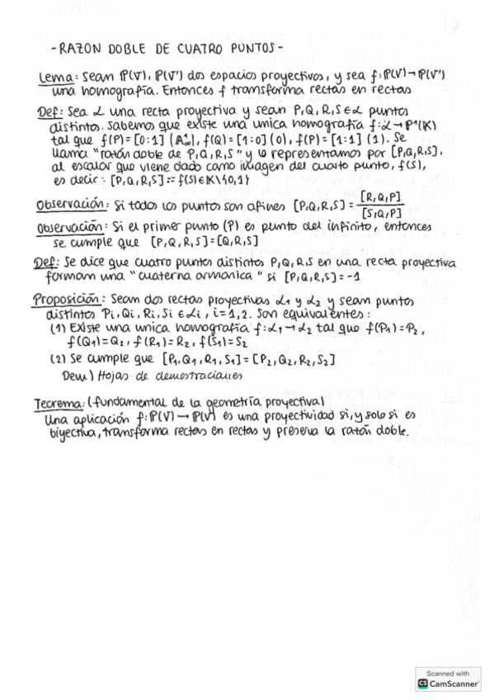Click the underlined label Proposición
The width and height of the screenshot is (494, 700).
pos(72,300)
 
